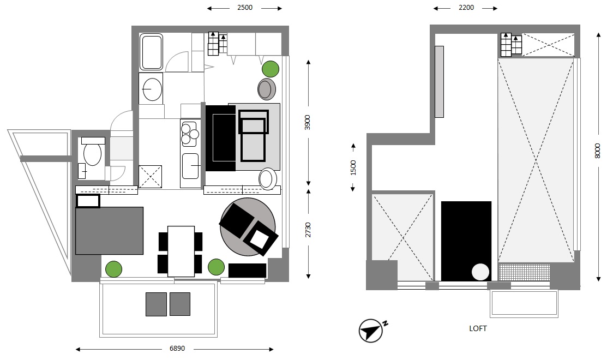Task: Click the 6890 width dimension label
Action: [x=177, y=349]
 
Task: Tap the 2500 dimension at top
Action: [x=245, y=7]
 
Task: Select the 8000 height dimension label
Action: [x=597, y=151]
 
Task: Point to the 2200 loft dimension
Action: [x=466, y=7]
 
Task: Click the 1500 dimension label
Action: [x=353, y=167]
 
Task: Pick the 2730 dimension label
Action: [x=308, y=230]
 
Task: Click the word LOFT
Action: [x=478, y=328]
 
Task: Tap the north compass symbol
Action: [x=372, y=330]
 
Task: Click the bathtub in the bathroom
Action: [x=152, y=52]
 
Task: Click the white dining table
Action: [x=181, y=251]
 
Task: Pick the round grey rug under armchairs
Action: [x=248, y=227]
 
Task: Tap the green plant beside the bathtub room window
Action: [x=270, y=69]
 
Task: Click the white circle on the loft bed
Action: [x=480, y=272]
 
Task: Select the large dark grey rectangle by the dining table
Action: [x=109, y=231]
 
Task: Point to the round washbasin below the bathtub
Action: [x=152, y=89]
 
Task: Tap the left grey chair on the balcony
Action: [x=157, y=304]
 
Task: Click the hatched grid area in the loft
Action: [x=524, y=272]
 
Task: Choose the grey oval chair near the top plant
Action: [x=266, y=89]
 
